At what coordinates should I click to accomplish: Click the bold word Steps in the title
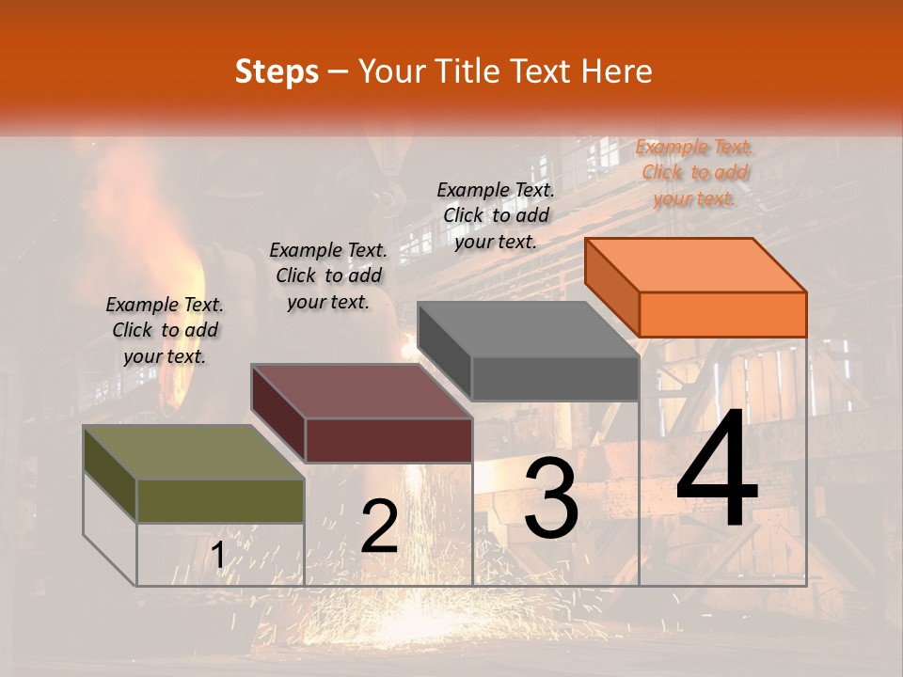click(277, 71)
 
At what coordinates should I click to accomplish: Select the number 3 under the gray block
click(551, 498)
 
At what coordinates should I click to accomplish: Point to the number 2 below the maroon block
click(379, 527)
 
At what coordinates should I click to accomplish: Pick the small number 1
click(218, 556)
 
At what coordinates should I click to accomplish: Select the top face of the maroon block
click(361, 391)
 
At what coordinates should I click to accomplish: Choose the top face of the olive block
click(194, 452)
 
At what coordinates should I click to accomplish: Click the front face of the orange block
click(722, 314)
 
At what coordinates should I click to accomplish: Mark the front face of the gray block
click(555, 379)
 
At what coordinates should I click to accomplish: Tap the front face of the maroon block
click(388, 440)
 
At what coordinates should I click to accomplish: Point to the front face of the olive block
click(220, 501)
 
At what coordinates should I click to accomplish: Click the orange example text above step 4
click(694, 172)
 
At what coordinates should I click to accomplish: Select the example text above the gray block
click(496, 215)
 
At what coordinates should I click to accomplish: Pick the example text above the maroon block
click(328, 276)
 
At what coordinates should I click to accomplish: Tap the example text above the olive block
click(165, 330)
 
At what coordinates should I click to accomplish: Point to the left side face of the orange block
click(611, 286)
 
